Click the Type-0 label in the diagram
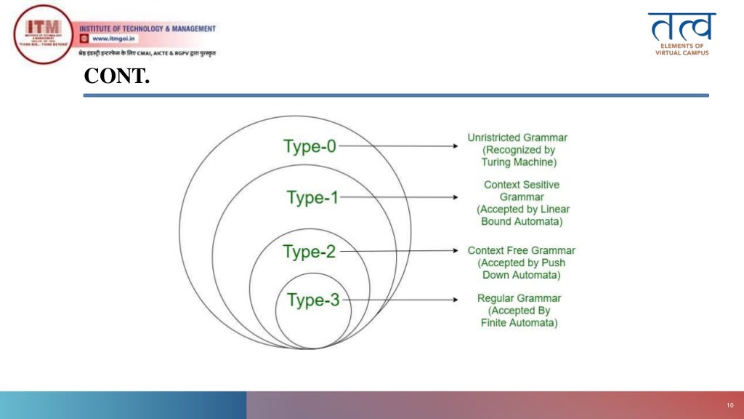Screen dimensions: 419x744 pyautogui.click(x=310, y=146)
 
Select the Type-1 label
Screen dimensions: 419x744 pyautogui.click(x=312, y=197)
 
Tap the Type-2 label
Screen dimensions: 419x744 pyautogui.click(x=310, y=252)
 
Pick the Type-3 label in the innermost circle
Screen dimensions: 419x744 pyautogui.click(x=312, y=300)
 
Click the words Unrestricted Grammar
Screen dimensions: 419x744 pyautogui.click(x=517, y=137)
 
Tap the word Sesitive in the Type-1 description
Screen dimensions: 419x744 pyautogui.click(x=539, y=185)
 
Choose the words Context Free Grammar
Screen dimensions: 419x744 pyautogui.click(x=521, y=250)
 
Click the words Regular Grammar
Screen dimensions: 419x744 pyautogui.click(x=519, y=298)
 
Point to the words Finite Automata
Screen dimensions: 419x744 pyautogui.click(x=519, y=323)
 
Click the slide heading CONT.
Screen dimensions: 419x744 pyautogui.click(x=117, y=76)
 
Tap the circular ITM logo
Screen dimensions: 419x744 pyautogui.click(x=43, y=34)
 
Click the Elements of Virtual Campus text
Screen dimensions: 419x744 pyautogui.click(x=682, y=49)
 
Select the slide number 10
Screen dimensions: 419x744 pyautogui.click(x=729, y=405)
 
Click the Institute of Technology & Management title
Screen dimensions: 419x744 pyautogui.click(x=153, y=28)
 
